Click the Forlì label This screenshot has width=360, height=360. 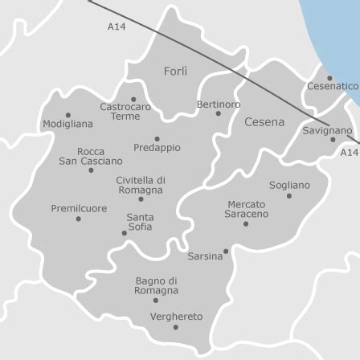click(175, 72)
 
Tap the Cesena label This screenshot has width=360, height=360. click(264, 122)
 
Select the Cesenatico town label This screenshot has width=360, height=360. click(333, 86)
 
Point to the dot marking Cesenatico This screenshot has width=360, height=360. click(329, 78)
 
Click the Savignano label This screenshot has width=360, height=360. click(327, 130)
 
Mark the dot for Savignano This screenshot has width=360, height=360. click(333, 139)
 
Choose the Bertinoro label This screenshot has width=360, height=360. click(219, 104)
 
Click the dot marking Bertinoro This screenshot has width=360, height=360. click(218, 113)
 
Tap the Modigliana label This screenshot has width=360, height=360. click(67, 125)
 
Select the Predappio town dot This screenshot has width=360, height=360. click(157, 139)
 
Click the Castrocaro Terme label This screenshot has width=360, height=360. click(125, 111)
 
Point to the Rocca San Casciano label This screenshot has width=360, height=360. click(91, 156)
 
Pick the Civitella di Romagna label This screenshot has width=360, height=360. click(141, 186)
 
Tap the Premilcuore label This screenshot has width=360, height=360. click(79, 208)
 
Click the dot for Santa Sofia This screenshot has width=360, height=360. click(125, 233)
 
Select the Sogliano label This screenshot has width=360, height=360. click(289, 185)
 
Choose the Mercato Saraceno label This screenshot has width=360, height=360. click(246, 209)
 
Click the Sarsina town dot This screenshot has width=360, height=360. click(226, 252)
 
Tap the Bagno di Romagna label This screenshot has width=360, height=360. click(157, 285)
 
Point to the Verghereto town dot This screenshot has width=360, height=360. click(176, 327)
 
